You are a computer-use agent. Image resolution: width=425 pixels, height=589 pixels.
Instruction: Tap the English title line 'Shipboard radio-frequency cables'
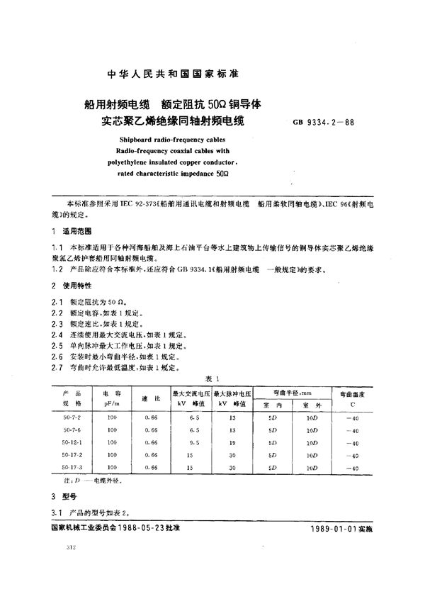[x=165, y=140]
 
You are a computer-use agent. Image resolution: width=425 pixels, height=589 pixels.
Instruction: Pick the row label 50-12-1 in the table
[x=73, y=442]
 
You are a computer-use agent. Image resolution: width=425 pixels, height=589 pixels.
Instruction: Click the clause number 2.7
[x=57, y=368]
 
